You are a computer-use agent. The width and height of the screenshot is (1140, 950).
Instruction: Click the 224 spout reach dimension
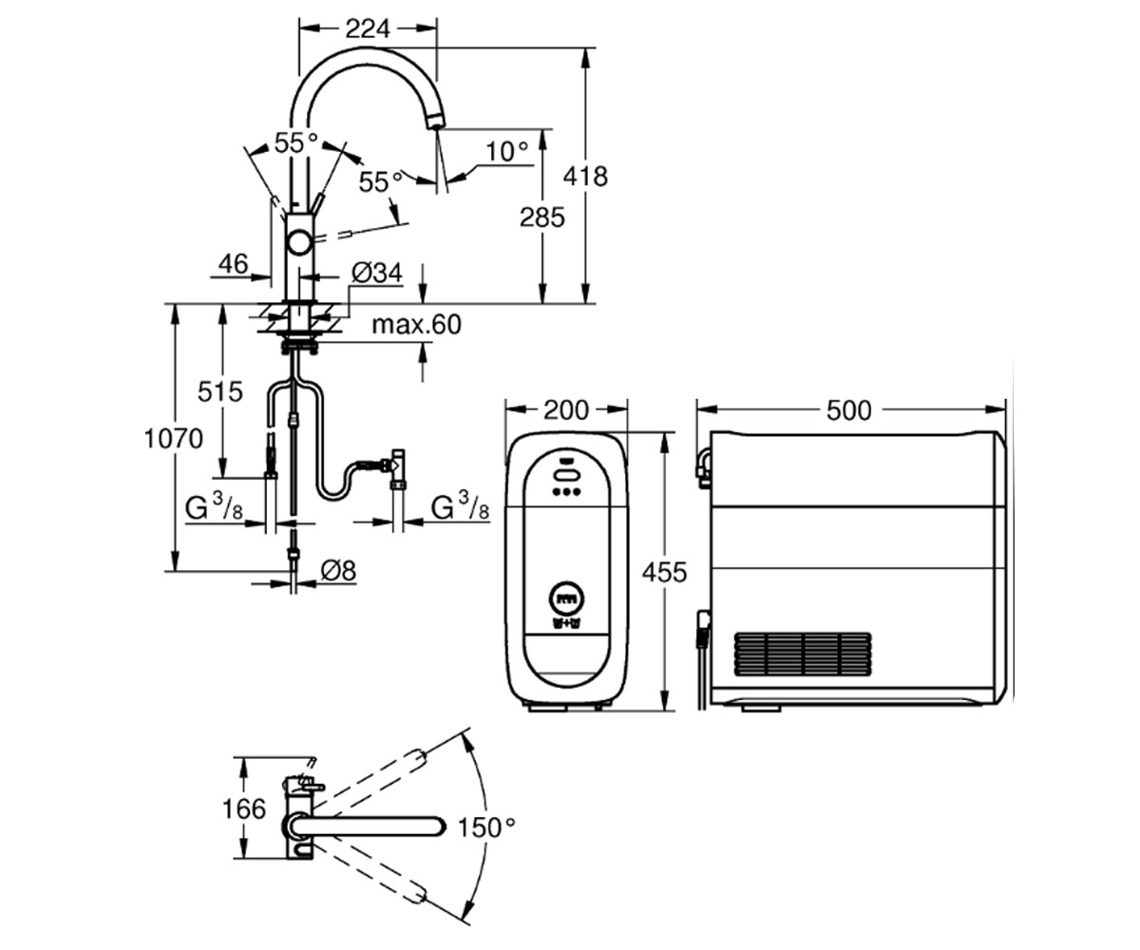(x=368, y=28)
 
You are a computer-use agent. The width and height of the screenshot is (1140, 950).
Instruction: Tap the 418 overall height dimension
(x=585, y=177)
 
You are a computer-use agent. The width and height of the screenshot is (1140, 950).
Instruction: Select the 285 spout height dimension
(x=541, y=218)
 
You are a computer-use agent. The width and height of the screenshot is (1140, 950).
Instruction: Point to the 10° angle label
(x=507, y=151)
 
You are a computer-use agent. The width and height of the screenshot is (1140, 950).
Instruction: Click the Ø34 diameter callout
(x=377, y=273)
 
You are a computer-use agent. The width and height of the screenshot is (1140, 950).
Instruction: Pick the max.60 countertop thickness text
(x=417, y=324)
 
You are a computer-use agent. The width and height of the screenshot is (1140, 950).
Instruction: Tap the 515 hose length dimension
(x=220, y=391)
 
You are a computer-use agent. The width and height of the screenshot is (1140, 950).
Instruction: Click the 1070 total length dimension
(x=173, y=438)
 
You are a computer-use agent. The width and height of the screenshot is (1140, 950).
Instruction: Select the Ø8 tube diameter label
(x=338, y=571)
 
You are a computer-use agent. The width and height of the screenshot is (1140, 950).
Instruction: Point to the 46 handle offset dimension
(x=233, y=264)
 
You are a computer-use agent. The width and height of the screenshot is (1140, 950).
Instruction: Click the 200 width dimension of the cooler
(x=566, y=410)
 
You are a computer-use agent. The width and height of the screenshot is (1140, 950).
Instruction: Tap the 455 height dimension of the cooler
(x=664, y=572)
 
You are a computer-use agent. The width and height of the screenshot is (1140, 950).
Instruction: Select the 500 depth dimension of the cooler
(x=849, y=410)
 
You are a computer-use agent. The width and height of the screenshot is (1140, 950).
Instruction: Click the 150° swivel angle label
(x=486, y=827)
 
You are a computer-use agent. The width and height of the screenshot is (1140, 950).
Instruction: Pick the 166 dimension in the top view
(x=243, y=808)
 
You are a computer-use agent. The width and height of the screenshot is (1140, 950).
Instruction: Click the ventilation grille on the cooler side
(x=803, y=654)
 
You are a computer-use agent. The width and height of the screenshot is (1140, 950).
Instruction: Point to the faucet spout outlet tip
(x=433, y=123)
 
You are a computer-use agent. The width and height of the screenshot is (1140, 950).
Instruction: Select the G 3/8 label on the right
(x=460, y=505)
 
